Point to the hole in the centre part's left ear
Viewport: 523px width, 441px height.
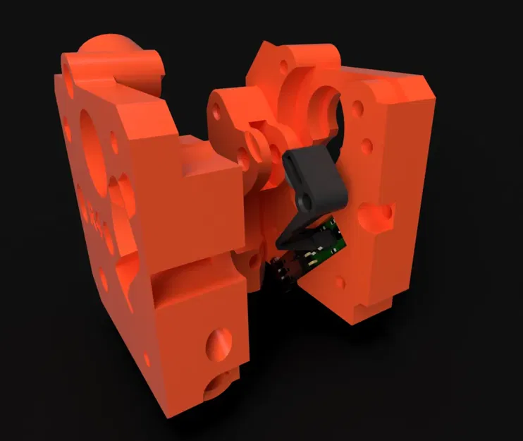pos(217,113)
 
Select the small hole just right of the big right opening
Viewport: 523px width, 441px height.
pos(359,109)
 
